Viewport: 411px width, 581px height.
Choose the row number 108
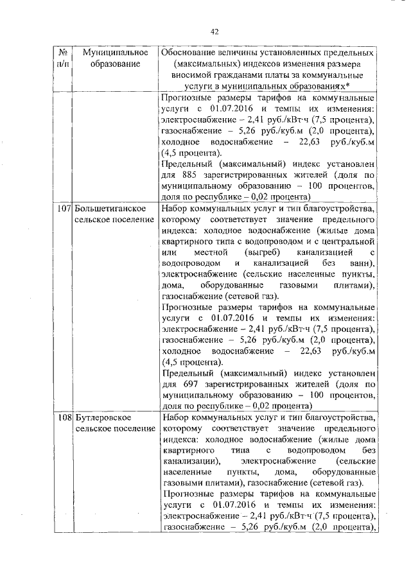coord(64,418)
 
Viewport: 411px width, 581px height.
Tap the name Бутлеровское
coord(105,418)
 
